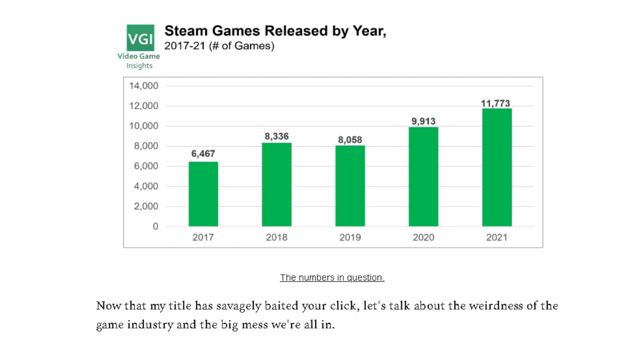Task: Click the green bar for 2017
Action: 203,194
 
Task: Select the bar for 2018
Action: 277,185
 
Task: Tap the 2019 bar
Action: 350,186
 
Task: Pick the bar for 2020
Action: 423,177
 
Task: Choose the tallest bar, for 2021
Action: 497,167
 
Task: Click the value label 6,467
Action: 203,154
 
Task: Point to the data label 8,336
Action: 277,137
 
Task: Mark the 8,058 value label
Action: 350,140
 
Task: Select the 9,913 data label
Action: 423,121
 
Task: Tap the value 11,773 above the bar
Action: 496,103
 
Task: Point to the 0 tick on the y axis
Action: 155,227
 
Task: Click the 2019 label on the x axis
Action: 350,238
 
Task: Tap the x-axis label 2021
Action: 497,238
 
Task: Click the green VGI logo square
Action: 140,38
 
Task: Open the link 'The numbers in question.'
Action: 332,278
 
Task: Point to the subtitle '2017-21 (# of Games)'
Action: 219,46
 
